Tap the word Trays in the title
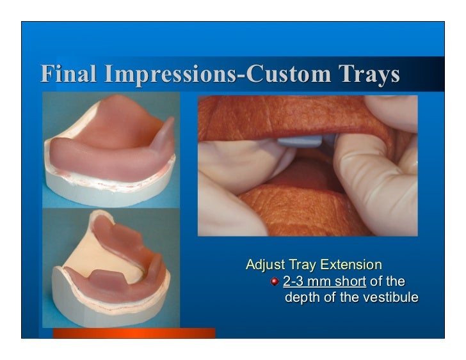tap(367, 75)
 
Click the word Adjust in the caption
tap(266, 265)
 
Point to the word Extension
tap(351, 265)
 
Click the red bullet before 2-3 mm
tap(275, 282)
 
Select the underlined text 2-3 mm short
tap(325, 281)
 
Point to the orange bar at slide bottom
tap(134, 333)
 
